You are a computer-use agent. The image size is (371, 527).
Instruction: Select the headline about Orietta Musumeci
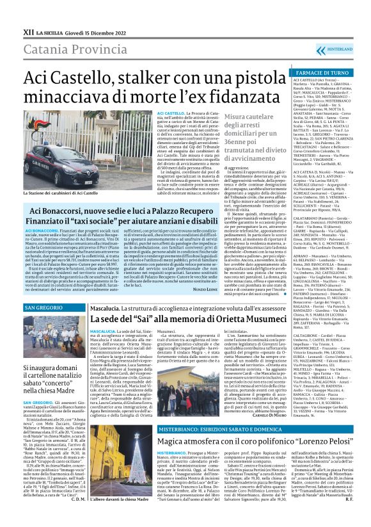point(189,319)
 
